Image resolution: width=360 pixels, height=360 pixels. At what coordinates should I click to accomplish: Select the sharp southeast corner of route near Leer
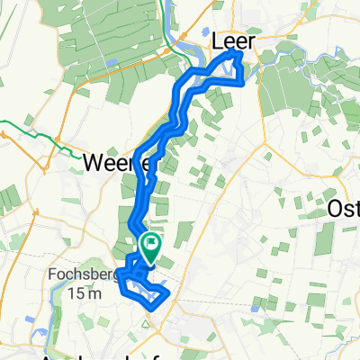pyautogui.click(x=242, y=84)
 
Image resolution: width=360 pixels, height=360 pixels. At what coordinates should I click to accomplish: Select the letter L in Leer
pyautogui.click(x=217, y=41)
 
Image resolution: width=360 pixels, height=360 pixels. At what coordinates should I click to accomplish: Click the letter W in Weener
pyautogui.click(x=93, y=163)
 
